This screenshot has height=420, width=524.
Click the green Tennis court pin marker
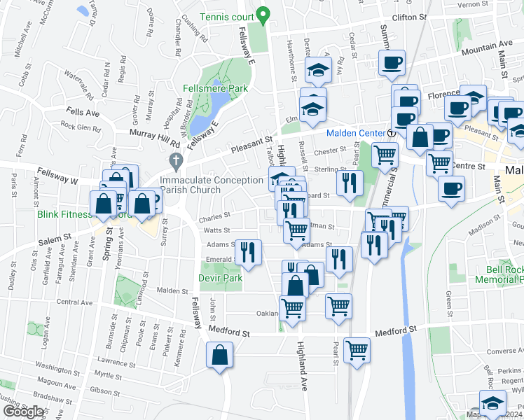[263, 14]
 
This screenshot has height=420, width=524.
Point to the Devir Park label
[221, 278]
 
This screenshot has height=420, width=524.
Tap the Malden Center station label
[355, 133]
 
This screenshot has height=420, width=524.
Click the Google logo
[22, 412]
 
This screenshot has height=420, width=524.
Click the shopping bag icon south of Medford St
[220, 355]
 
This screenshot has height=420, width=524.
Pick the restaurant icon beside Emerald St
[248, 253]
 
